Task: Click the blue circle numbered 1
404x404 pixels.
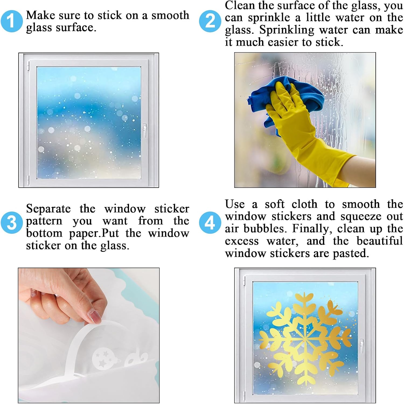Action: pos(11,21)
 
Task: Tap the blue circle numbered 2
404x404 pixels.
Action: pos(210,21)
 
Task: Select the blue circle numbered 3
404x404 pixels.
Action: pos(11,223)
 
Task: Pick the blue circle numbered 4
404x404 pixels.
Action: pos(210,223)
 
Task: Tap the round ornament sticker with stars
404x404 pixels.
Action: pos(101,358)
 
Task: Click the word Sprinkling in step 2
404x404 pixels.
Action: pos(287,30)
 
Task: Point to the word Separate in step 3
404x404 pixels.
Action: pos(48,209)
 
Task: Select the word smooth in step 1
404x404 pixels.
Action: pos(170,15)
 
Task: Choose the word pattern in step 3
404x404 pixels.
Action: pos(44,221)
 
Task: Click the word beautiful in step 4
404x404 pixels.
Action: pos(379,241)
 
